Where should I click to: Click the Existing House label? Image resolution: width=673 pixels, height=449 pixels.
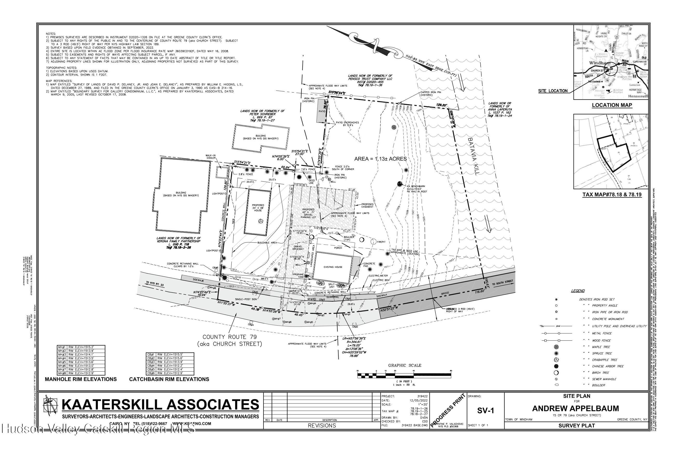(333, 267)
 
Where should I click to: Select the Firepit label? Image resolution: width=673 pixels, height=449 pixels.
(381, 242)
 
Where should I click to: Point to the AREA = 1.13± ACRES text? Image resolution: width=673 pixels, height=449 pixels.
(380, 159)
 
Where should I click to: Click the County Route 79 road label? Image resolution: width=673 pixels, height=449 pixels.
(230, 340)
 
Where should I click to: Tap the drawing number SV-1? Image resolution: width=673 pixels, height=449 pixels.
(486, 411)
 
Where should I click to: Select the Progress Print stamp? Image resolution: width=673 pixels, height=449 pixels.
(448, 410)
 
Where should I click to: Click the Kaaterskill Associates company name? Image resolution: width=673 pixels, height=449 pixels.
(160, 405)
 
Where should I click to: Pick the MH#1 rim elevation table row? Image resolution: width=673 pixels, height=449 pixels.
(81, 347)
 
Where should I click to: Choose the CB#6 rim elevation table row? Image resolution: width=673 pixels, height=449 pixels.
(170, 373)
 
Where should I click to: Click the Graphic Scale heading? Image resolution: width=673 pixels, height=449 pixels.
(405, 365)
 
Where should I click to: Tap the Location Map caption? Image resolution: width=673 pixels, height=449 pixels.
(612, 105)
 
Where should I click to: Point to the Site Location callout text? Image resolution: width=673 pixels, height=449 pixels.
(553, 91)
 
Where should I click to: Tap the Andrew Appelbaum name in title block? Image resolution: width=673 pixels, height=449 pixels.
(577, 409)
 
